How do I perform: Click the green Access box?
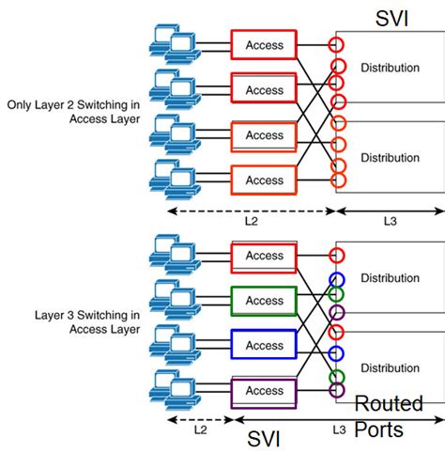pyautogui.click(x=263, y=301)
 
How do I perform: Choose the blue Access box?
pyautogui.click(x=263, y=345)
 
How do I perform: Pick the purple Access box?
pyautogui.click(x=263, y=390)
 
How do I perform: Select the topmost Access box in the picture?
pyautogui.click(x=263, y=45)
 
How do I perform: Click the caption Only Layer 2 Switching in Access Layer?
pyautogui.click(x=72, y=113)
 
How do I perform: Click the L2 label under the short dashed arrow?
pyautogui.click(x=200, y=429)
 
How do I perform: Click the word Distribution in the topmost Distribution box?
pyautogui.click(x=391, y=68)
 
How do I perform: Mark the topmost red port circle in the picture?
pyautogui.click(x=336, y=44)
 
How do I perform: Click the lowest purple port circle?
pyautogui.click(x=336, y=390)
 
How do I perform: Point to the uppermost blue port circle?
pyautogui.click(x=336, y=279)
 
